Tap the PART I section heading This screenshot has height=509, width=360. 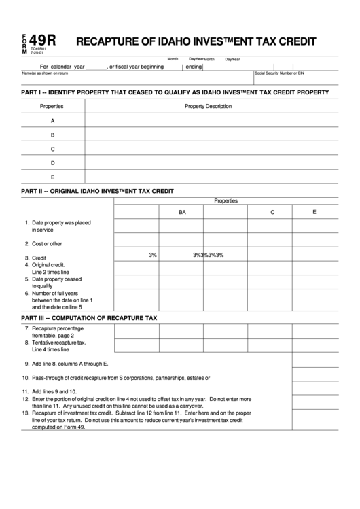tap(175, 92)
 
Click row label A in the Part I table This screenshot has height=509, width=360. tap(52, 120)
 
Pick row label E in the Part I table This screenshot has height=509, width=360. tap(52, 177)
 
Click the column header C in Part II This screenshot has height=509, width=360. tap(272, 213)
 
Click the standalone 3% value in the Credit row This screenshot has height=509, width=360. tap(153, 256)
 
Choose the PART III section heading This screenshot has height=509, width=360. tap(89, 317)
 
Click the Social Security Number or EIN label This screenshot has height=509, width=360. tap(279, 73)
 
